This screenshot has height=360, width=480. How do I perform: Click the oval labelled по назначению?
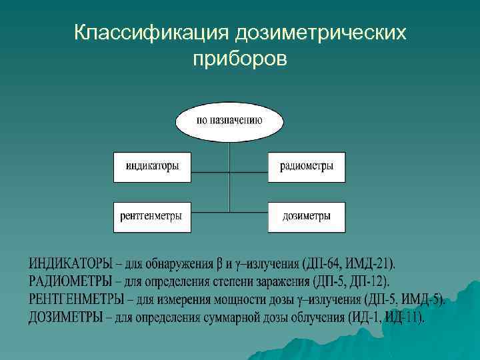(229, 121)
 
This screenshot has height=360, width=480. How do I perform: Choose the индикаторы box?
(152, 167)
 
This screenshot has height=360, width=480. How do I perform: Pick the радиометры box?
(307, 167)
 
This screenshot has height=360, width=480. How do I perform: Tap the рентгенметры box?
(152, 217)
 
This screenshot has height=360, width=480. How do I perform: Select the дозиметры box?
(307, 217)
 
